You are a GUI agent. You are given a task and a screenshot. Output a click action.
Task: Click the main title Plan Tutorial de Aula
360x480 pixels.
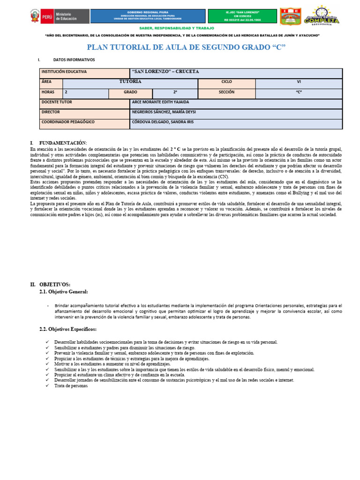(187, 47)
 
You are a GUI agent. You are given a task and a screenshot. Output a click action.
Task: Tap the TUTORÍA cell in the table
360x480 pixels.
(130, 82)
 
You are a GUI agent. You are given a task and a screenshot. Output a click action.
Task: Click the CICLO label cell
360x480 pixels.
(226, 82)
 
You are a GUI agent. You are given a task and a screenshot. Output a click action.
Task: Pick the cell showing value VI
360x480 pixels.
(299, 82)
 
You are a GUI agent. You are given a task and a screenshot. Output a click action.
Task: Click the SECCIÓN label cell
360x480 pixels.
(226, 92)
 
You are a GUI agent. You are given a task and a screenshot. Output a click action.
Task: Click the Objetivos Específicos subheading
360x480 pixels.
(68, 330)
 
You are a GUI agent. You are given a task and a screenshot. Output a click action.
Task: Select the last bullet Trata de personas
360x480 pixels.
(71, 386)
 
